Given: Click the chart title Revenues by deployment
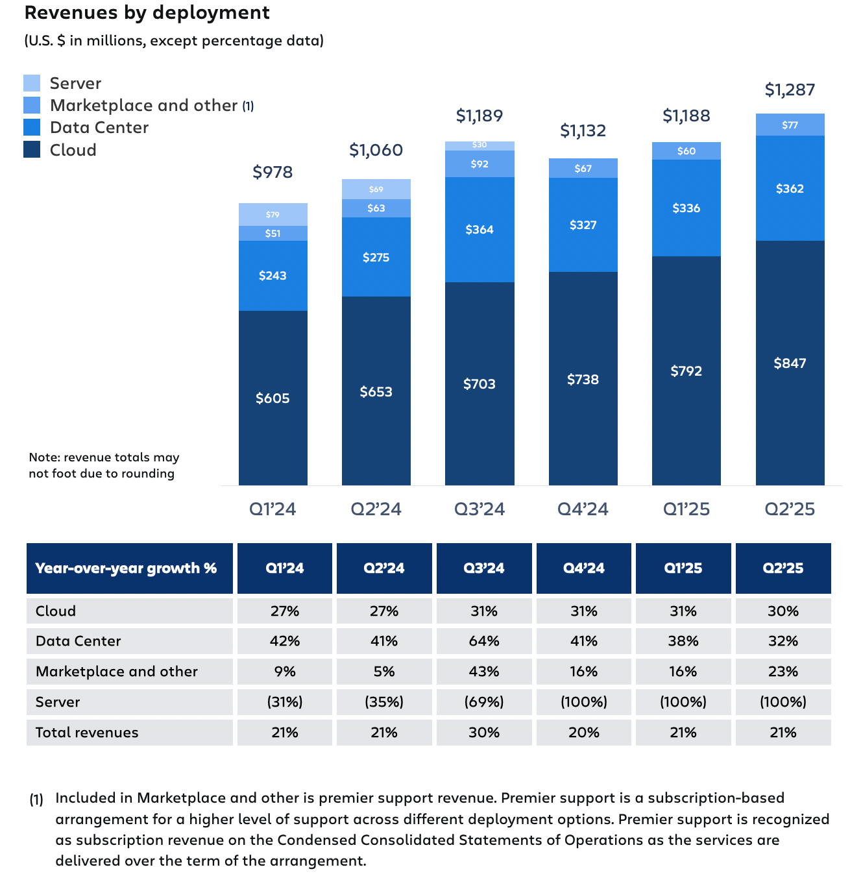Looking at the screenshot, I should [147, 13].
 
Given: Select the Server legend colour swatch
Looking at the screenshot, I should [32, 83].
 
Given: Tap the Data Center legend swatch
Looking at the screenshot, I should [32, 127].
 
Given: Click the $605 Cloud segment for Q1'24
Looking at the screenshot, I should [273, 398].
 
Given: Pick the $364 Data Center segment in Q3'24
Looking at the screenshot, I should [480, 230].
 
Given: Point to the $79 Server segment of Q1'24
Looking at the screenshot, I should [273, 214].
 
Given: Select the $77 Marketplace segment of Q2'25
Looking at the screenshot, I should [790, 125].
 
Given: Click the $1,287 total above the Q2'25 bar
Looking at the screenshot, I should [790, 90].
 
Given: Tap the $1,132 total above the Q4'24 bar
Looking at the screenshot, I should [583, 130].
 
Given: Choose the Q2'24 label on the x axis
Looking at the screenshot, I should [376, 509].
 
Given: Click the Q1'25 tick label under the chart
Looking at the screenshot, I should [686, 509].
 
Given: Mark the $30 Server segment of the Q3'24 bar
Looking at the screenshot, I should [480, 145].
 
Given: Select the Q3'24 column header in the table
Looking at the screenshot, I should [484, 568].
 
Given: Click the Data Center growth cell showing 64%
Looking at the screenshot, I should [484, 641].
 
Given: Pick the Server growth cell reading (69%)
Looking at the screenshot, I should [484, 702].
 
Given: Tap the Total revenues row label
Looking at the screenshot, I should [87, 733].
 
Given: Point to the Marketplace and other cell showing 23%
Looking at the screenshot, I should [783, 672].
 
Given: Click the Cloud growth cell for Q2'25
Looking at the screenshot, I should [783, 611].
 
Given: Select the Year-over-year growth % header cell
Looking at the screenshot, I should [126, 568].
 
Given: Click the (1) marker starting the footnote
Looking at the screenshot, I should [36, 799].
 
